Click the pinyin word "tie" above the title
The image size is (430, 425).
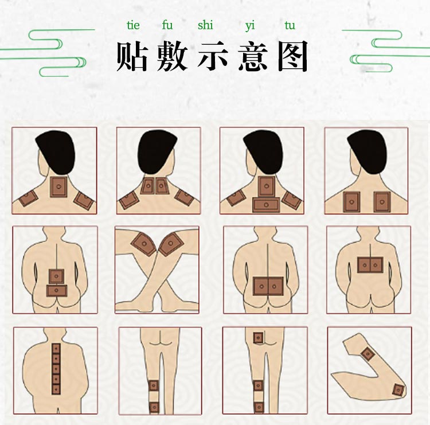(x=133, y=26)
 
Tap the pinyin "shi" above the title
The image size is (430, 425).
(x=205, y=26)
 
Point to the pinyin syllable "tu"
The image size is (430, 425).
(x=290, y=26)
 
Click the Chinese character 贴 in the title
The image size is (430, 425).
(x=132, y=56)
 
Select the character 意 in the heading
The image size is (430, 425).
(x=253, y=56)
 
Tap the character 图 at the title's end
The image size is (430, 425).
(x=293, y=56)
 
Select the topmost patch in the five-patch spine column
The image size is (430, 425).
(x=56, y=348)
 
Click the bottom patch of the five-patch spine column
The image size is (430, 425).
(x=56, y=389)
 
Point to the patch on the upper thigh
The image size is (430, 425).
(x=258, y=338)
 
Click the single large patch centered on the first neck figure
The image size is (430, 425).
(x=58, y=187)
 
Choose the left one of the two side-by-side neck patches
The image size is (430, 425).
(x=148, y=186)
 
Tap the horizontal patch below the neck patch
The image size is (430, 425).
(x=266, y=205)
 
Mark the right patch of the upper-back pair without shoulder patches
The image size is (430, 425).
(x=382, y=201)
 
